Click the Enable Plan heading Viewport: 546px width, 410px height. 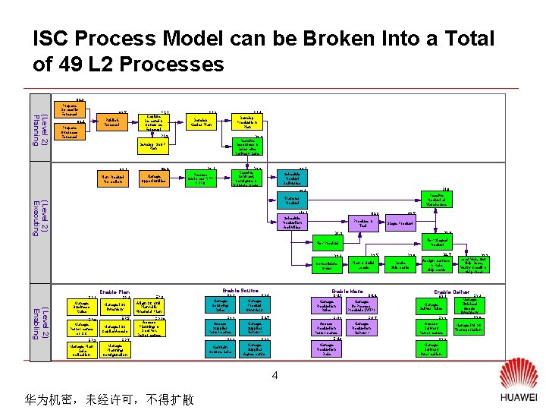point(115,292)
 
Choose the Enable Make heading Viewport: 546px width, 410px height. point(347,291)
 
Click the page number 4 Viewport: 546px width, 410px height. point(275,375)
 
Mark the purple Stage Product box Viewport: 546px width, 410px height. point(400,224)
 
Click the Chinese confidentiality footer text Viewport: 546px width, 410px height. point(109,398)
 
